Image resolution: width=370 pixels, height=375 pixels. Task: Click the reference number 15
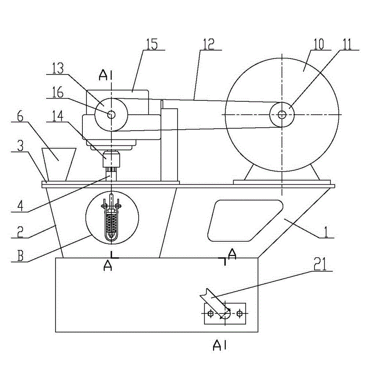(x=152, y=44)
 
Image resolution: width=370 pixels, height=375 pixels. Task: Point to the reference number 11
(x=347, y=44)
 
